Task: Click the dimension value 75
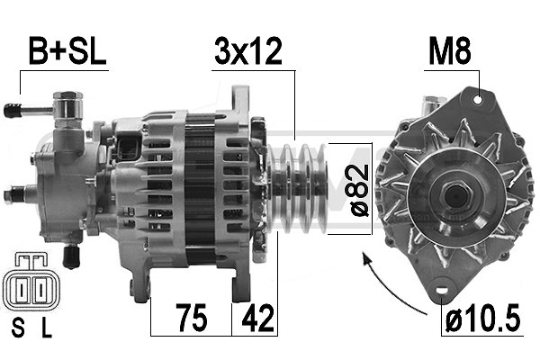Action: [189, 318]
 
